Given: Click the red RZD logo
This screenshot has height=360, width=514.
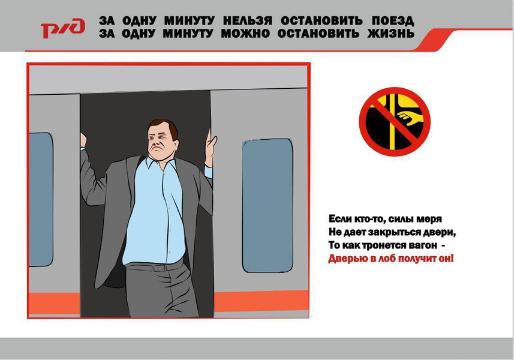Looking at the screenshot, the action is pos(62,28).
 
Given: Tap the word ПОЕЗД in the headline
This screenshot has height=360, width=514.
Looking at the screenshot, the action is pos(393,21).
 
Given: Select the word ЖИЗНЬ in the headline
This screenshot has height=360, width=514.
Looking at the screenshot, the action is pos(390,34).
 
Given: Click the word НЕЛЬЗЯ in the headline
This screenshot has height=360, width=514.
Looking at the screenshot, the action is pos(248,21).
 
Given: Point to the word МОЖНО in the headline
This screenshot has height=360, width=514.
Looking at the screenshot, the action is pos(245,34).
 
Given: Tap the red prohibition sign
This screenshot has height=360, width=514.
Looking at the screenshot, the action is pos(395,121).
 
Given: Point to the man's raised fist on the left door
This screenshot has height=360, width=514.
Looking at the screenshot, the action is pos(83,140).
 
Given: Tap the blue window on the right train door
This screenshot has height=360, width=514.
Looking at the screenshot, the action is pos(267,206).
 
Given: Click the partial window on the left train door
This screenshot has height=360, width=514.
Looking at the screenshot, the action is pos(41,199).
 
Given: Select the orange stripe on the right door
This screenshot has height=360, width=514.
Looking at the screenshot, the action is pos(261,301).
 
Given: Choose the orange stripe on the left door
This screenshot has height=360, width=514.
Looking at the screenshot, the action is pos(55,303).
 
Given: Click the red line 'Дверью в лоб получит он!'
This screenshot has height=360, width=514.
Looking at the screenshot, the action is pos(391,259).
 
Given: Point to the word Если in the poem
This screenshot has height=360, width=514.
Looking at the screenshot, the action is pos(339,218).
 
